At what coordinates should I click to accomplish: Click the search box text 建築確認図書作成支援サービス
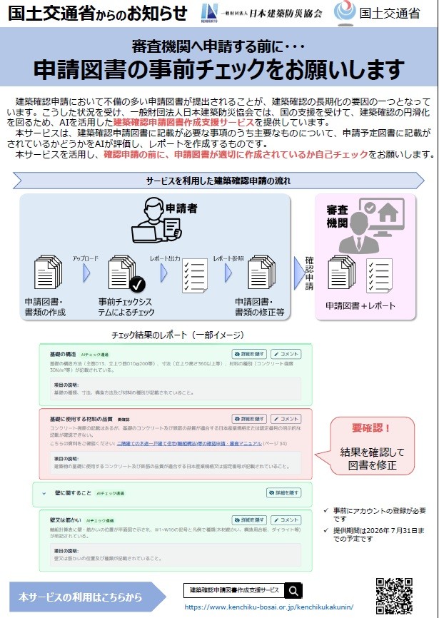pyautogui.click(x=234, y=590)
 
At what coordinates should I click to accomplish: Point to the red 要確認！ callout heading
pyautogui.click(x=371, y=428)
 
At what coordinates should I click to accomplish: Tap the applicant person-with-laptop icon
pyautogui.click(x=154, y=221)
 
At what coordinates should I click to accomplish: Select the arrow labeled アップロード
pyautogui.click(x=86, y=272)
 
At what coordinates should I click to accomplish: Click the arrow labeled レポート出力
pyautogui.click(x=164, y=272)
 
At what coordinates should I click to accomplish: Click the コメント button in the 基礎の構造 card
pyautogui.click(x=286, y=354)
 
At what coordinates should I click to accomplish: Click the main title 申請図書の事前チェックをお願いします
pyautogui.click(x=219, y=69)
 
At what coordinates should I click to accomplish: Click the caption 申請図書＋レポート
pyautogui.click(x=360, y=305)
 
